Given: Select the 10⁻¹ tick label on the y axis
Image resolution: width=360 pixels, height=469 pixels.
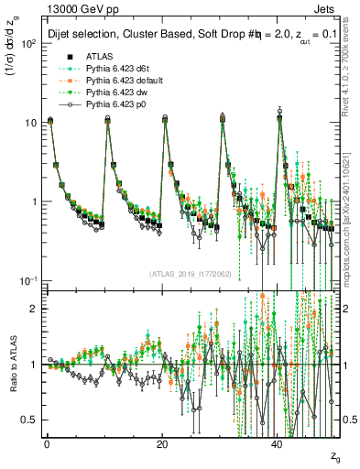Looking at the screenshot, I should pyautogui.click(x=29, y=280).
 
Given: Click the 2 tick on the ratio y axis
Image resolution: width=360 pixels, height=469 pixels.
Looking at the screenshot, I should pyautogui.click(x=34, y=309).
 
